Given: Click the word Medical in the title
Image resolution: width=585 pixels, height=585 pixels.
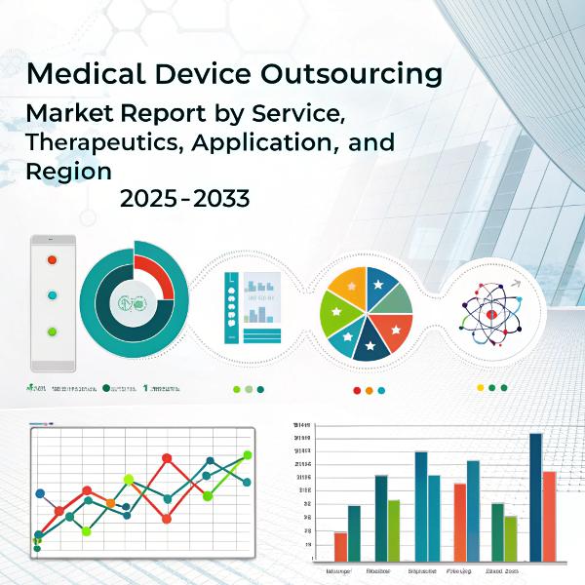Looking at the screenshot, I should click(82, 74).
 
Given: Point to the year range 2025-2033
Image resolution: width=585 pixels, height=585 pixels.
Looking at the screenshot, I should click(185, 200).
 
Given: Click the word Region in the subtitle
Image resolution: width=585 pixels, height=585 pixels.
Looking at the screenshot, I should click(67, 171).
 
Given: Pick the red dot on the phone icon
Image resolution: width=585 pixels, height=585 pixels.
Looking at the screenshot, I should click(53, 259).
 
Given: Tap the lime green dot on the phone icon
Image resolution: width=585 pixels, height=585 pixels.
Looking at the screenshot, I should click(53, 331).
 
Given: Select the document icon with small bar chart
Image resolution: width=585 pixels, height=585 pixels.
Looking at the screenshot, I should click(252, 306).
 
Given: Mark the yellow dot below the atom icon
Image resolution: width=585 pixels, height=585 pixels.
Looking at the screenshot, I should click(480, 387).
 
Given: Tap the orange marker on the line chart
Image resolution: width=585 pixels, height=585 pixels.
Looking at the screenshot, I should click(110, 503).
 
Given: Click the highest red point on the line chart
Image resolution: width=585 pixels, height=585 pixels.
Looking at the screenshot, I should click(167, 457).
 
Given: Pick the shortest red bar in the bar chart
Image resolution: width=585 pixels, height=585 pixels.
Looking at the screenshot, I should click(340, 546).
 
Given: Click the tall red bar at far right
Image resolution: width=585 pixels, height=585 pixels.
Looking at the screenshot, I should click(549, 516).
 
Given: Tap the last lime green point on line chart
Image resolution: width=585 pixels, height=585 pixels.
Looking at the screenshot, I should click(248, 454).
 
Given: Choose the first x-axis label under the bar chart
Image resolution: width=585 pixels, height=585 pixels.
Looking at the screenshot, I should click(338, 569).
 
